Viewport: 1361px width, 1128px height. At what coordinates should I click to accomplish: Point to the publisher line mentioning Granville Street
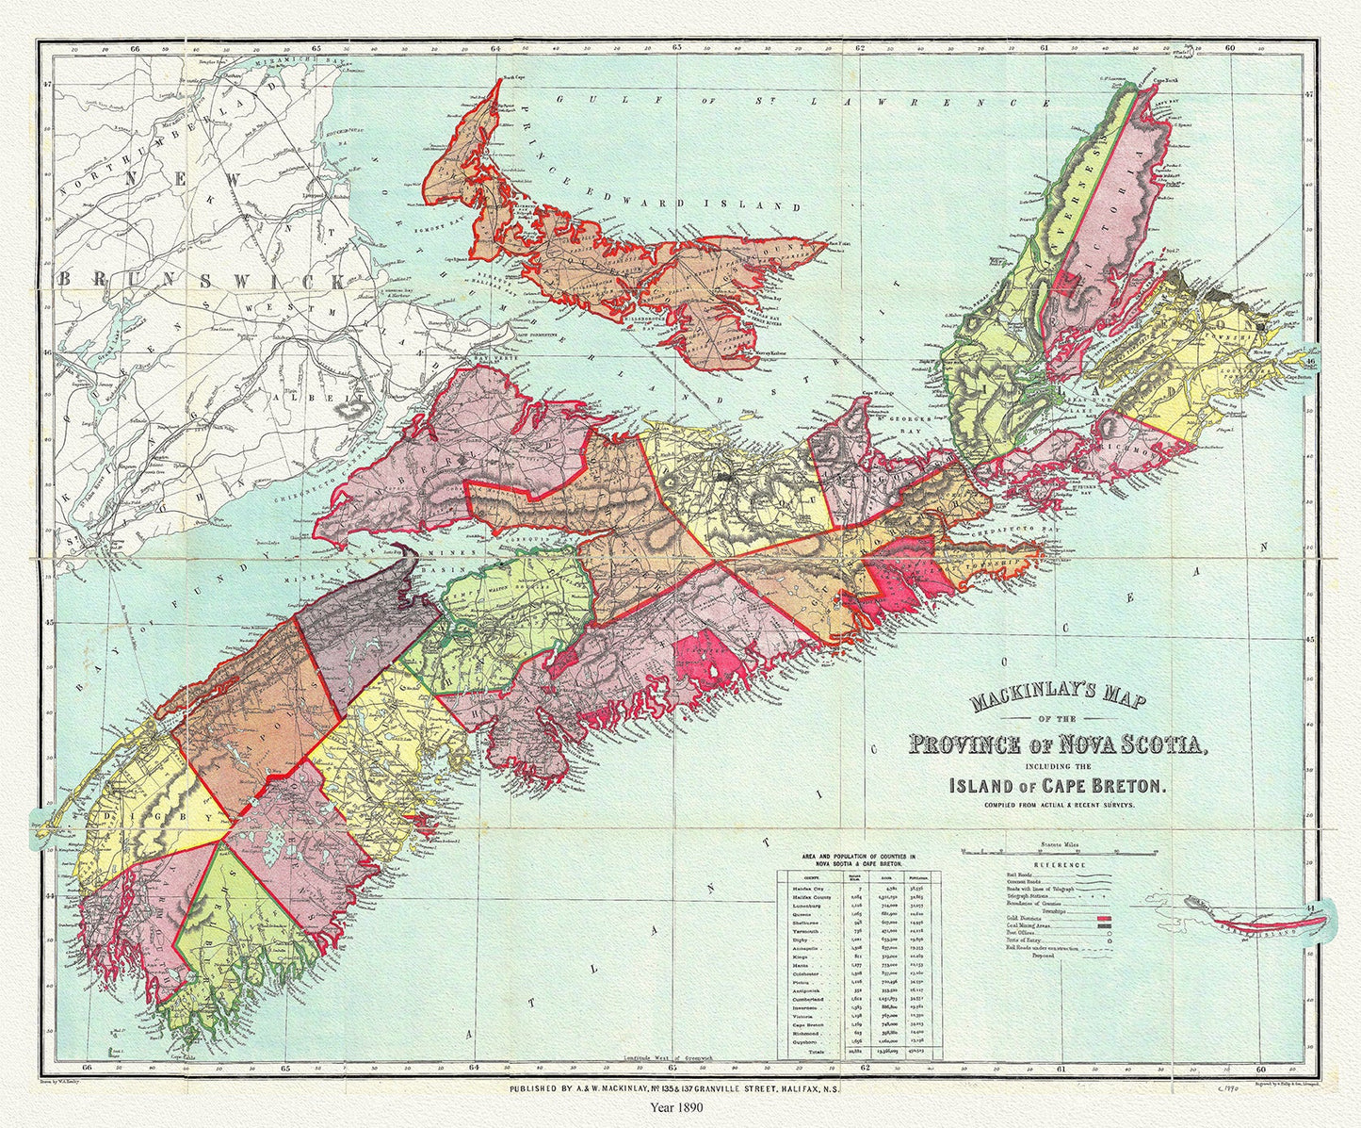click(x=676, y=1087)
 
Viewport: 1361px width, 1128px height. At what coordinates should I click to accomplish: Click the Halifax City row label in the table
click(x=806, y=888)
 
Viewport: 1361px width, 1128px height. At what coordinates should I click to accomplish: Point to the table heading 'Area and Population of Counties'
click(x=858, y=858)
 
